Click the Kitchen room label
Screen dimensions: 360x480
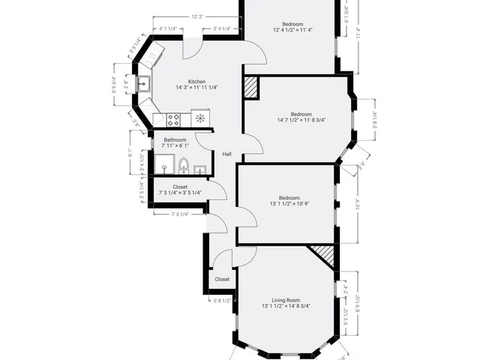196,82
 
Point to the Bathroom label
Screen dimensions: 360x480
175,140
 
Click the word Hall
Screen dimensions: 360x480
226,154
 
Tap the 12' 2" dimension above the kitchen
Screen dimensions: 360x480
196,16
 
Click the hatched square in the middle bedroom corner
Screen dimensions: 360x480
250,87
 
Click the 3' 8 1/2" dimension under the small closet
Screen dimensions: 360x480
223,301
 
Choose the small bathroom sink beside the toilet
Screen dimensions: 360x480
199,169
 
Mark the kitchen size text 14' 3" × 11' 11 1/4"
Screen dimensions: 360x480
196,88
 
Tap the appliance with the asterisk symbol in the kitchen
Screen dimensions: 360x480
200,118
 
